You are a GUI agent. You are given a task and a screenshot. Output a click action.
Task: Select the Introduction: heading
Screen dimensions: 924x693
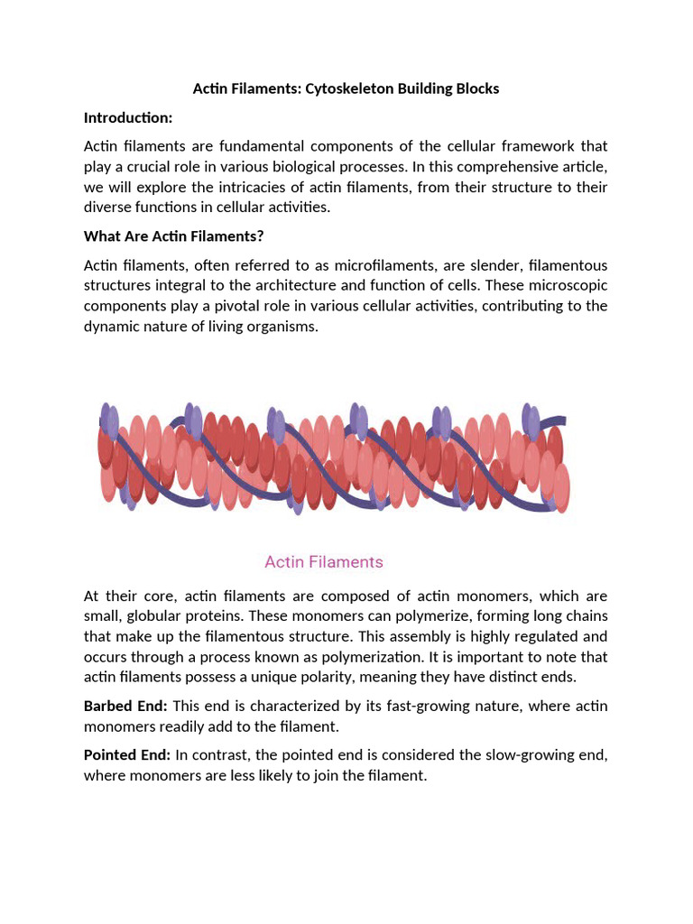(x=127, y=117)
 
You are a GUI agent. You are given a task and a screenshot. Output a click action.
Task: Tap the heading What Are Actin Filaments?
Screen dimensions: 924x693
(x=173, y=236)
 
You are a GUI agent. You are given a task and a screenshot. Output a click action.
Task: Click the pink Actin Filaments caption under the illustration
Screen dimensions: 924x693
(x=323, y=562)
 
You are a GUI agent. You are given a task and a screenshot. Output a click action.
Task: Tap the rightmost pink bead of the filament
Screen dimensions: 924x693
(x=561, y=487)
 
